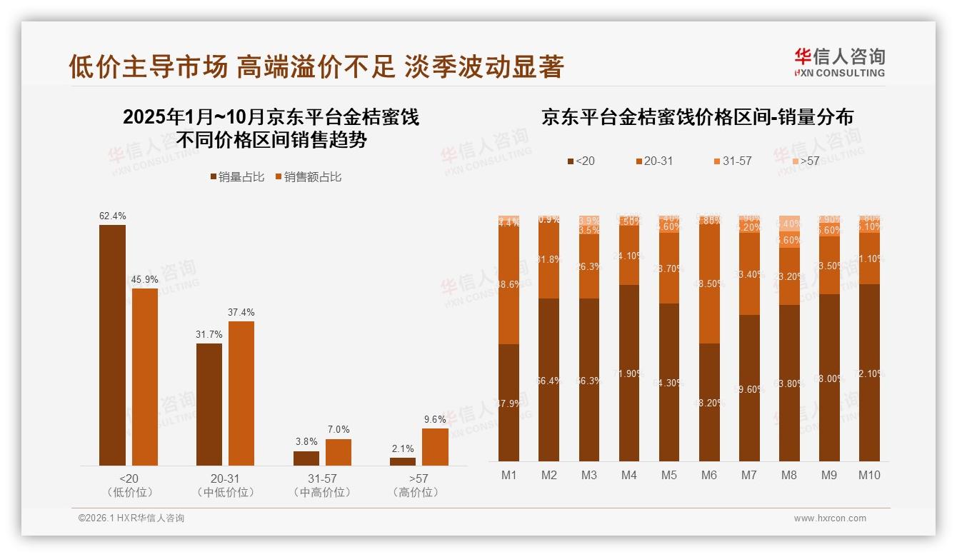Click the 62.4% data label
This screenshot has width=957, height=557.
pos(112,216)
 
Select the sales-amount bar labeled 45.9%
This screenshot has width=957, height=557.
pos(145,376)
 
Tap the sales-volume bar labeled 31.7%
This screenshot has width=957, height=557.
pos(209,404)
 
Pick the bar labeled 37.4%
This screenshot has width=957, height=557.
pos(241,393)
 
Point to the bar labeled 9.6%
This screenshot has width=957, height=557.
pos(435,446)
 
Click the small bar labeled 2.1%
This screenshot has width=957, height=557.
pos(403,461)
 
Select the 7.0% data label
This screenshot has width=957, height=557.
pos(339,429)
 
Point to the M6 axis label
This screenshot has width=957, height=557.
pos(709,475)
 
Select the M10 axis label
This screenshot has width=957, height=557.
pos(868,475)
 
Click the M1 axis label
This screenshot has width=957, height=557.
pos(509,475)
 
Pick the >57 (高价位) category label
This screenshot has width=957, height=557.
pos(419,485)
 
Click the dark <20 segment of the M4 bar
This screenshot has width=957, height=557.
pos(629,373)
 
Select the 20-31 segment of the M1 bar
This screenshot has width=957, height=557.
pos(509,285)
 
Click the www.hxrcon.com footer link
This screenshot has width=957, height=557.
pos(830,518)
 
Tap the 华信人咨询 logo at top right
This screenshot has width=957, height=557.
pos(839,62)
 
